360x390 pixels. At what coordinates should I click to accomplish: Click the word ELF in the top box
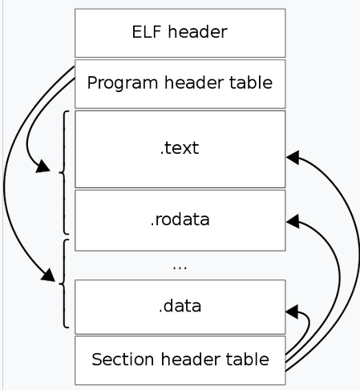[147, 32]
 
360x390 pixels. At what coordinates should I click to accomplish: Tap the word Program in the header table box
[122, 82]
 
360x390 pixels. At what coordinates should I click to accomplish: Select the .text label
[180, 148]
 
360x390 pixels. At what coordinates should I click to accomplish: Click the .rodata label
[180, 219]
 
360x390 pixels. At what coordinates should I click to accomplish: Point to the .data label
[180, 306]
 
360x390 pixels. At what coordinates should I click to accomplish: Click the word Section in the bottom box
[123, 360]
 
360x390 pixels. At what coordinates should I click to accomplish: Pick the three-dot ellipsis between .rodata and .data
[180, 268]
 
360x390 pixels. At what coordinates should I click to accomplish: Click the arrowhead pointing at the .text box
[293, 157]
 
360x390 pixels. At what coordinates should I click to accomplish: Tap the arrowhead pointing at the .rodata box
[293, 221]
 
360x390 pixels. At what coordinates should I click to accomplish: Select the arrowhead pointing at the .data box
[292, 312]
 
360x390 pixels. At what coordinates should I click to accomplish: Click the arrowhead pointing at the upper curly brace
[42, 166]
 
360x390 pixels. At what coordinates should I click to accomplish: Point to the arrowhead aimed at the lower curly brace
[48, 275]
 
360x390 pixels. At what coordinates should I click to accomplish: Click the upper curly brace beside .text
[64, 172]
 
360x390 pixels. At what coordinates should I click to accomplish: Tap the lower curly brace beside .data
[64, 283]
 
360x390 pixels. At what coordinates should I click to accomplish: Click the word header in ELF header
[198, 32]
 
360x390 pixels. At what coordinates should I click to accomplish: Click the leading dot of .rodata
[152, 225]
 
